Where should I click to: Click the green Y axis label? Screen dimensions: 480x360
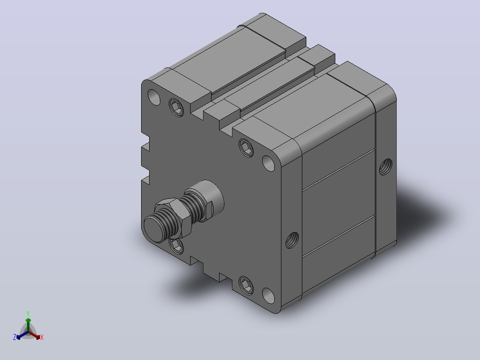pos(28,313)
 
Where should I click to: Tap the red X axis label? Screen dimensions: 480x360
pos(42,337)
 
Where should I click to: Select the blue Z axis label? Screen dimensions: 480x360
pos(14,337)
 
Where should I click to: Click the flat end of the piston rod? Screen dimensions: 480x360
pos(155,229)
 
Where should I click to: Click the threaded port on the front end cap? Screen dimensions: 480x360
pos(292,240)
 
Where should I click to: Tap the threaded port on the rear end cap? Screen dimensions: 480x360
pos(386,167)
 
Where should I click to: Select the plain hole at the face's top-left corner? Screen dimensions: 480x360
pos(154,97)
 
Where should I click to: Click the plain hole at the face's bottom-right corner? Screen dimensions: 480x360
pos(268,296)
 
